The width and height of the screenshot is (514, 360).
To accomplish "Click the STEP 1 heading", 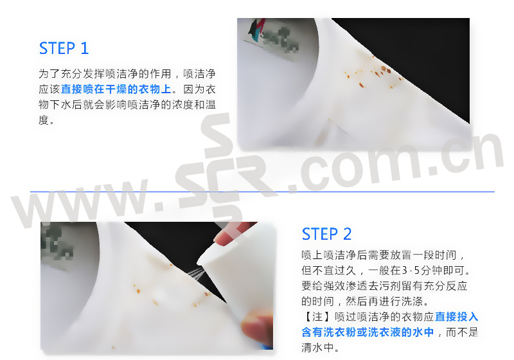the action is (64, 48).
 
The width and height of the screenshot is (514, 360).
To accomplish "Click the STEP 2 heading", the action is (326, 234).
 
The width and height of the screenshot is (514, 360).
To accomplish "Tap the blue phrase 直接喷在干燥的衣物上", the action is (116, 89).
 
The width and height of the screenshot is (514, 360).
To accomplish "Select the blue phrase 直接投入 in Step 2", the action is (456, 316).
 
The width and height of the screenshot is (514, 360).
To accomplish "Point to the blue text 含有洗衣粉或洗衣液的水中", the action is (368, 332).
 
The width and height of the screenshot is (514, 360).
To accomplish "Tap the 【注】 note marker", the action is (312, 316).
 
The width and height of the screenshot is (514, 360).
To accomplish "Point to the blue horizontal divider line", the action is (262, 192).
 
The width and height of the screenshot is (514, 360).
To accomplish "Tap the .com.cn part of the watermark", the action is (400, 161).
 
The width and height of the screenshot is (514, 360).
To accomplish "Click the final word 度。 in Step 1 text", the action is (46, 120).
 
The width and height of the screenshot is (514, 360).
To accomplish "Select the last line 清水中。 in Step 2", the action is (320, 347).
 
